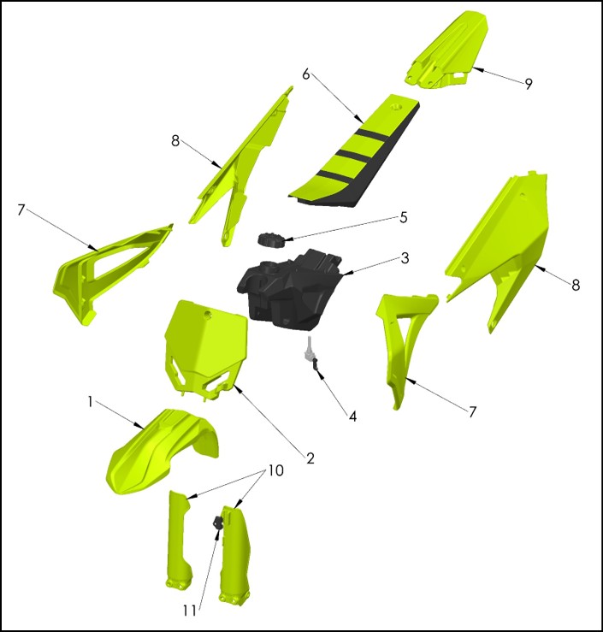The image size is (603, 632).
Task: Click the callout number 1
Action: click(91, 402)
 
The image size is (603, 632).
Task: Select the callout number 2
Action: click(310, 458)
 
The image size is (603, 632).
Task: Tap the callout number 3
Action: click(405, 258)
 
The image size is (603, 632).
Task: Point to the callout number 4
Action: click(352, 416)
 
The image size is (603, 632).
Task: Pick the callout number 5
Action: click(404, 218)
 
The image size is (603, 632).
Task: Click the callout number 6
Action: click(306, 74)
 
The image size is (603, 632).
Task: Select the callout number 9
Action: click(529, 84)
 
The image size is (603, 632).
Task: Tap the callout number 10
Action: click(275, 470)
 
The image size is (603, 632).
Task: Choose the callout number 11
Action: click(189, 611)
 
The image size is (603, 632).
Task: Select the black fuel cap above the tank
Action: click(271, 239)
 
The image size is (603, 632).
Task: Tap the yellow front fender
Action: click(162, 452)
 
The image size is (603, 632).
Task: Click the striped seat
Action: click(355, 151)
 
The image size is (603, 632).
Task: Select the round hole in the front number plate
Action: click(208, 314)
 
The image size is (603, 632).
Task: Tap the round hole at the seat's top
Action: click(396, 107)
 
